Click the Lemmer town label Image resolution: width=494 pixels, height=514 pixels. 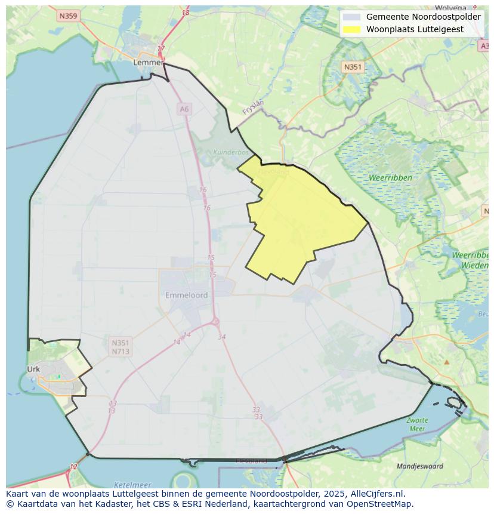[x=148, y=62]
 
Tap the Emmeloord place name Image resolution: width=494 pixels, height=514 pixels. [x=187, y=295]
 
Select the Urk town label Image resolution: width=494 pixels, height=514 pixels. [x=33, y=369]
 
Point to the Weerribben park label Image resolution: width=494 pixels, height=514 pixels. [x=390, y=178]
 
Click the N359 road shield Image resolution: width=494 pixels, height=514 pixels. [x=69, y=16]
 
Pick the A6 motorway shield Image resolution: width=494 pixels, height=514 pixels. [x=184, y=109]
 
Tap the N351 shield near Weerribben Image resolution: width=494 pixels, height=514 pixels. [x=353, y=67]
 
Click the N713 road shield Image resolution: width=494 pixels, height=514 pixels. [x=121, y=352]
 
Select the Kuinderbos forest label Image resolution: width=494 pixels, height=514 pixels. [x=231, y=152]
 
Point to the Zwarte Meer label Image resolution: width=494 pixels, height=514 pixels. [x=417, y=424]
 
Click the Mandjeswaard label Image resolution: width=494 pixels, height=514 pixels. [x=420, y=466]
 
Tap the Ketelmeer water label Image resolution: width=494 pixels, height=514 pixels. [x=132, y=485]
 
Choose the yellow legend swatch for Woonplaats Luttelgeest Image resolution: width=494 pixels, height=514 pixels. [x=352, y=29]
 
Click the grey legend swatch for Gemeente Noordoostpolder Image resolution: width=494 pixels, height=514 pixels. [x=352, y=17]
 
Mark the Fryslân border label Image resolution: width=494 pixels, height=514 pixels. [x=253, y=107]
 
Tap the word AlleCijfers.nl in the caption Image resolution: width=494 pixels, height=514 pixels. [x=378, y=494]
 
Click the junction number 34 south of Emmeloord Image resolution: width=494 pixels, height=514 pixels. [x=222, y=337]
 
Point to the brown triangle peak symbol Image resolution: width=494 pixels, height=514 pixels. [x=446, y=362]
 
